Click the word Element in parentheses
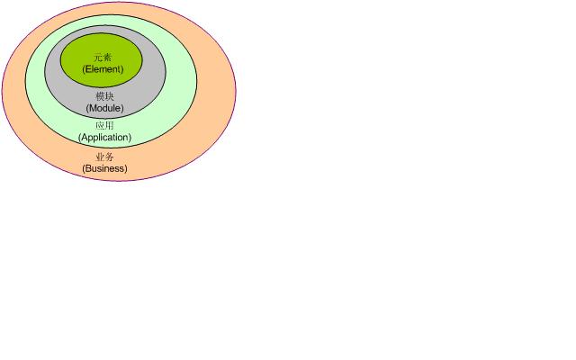pos(103,69)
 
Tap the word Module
pos(104,108)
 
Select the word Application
pos(104,137)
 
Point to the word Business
pos(104,168)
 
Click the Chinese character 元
pos(98,58)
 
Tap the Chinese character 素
pos(107,58)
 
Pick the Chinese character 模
pos(100,96)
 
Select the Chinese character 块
pos(110,96)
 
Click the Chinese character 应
pos(100,126)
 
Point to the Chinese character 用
pos(110,126)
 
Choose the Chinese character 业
pos(100,157)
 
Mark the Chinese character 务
pos(110,157)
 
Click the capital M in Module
pos(92,108)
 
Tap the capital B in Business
pos(87,168)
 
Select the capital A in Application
pos(84,137)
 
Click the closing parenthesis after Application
pos(130,138)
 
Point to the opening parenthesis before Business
pos(84,168)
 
